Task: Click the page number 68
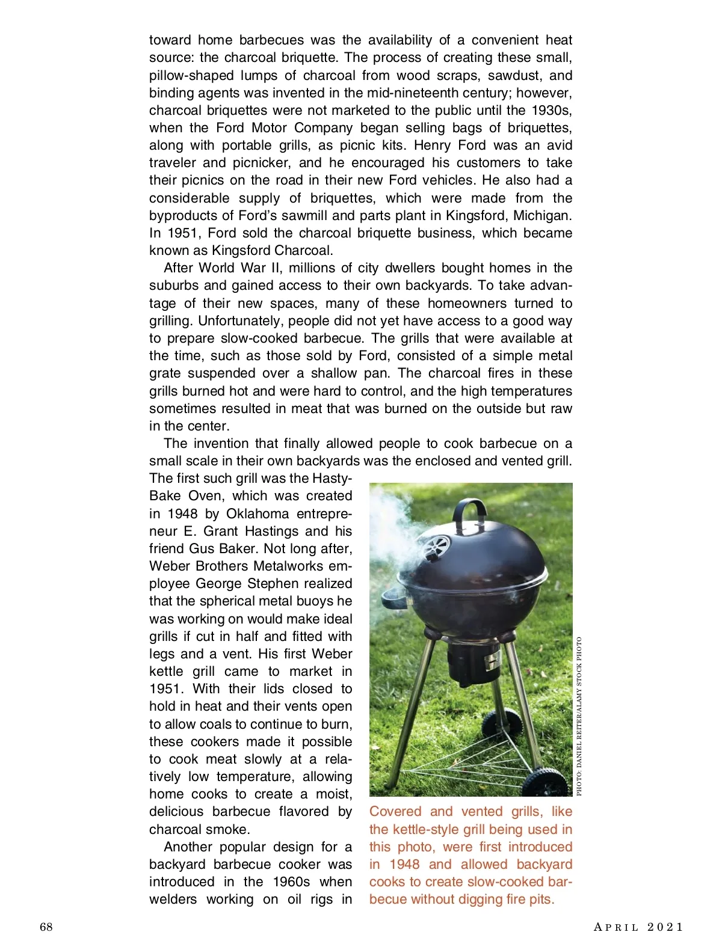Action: (46, 927)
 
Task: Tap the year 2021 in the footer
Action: (665, 927)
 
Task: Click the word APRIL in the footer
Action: (616, 927)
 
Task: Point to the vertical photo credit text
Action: (579, 716)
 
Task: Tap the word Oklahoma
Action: (257, 513)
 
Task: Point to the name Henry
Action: (432, 145)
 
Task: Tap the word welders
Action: (173, 899)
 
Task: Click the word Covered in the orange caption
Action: (395, 811)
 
